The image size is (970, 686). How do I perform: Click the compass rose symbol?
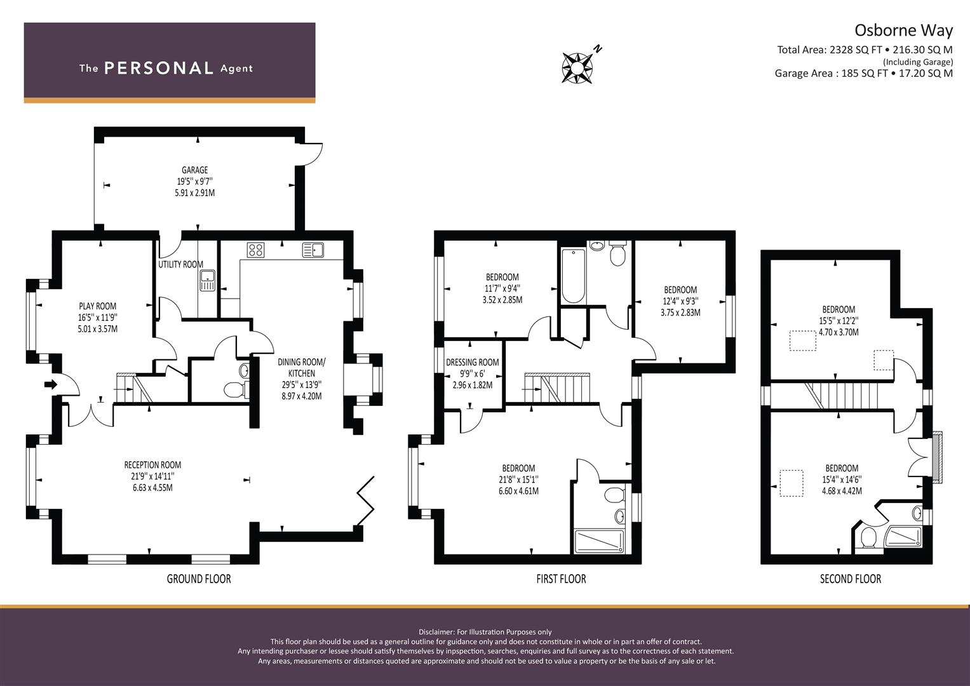[577, 65]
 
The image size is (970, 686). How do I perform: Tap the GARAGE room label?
[194, 170]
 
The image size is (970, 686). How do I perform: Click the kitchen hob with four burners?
[255, 250]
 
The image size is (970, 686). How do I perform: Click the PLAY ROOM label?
[97, 306]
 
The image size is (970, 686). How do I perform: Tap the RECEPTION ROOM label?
[152, 465]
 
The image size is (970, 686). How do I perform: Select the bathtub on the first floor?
[573, 276]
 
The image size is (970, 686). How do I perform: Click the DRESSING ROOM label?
[472, 363]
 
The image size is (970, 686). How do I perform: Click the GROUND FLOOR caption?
[199, 579]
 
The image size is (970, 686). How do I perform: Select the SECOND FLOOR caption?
[850, 579]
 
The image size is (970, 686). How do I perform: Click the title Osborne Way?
[903, 30]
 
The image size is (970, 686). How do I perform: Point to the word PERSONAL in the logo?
[158, 68]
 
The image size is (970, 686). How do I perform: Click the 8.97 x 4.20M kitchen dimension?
[302, 396]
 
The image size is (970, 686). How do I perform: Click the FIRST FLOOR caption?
[561, 579]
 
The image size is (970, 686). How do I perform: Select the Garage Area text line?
[863, 73]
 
